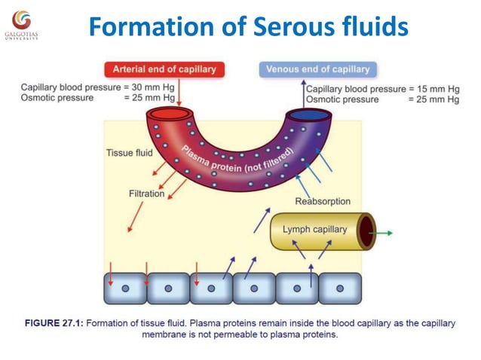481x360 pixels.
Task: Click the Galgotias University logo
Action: pyautogui.click(x=21, y=23)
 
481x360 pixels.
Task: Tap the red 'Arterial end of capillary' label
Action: pyautogui.click(x=164, y=69)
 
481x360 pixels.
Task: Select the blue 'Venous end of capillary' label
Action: pyautogui.click(x=317, y=69)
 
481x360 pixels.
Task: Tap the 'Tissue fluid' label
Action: pyautogui.click(x=129, y=153)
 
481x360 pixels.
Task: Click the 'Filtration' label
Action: pyautogui.click(x=146, y=194)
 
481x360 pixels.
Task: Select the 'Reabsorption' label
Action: pyautogui.click(x=322, y=201)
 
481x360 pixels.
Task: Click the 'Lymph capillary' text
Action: pyautogui.click(x=314, y=229)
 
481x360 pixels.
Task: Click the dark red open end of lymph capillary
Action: pyautogui.click(x=366, y=231)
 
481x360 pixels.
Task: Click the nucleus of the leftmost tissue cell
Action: pyautogui.click(x=124, y=288)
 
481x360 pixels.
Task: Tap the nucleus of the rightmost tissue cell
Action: pyautogui.click(x=339, y=288)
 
